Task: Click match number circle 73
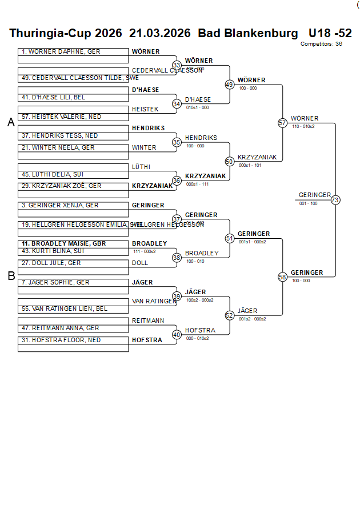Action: click(x=335, y=200)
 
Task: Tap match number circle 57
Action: click(x=282, y=123)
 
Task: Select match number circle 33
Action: click(x=177, y=65)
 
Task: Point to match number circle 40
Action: click(x=177, y=335)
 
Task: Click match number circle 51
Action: click(x=230, y=238)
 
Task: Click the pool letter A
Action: click(x=11, y=122)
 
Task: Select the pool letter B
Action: click(x=11, y=276)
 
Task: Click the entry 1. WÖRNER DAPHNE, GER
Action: click(x=61, y=51)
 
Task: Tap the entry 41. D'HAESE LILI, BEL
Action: click(x=54, y=97)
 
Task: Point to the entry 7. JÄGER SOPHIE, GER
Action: click(x=55, y=282)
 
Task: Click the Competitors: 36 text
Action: click(x=321, y=43)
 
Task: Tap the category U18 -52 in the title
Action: click(x=330, y=33)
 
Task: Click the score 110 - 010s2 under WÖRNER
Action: click(x=303, y=126)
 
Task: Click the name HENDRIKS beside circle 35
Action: click(x=201, y=138)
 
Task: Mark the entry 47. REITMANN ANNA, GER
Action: click(x=61, y=328)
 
